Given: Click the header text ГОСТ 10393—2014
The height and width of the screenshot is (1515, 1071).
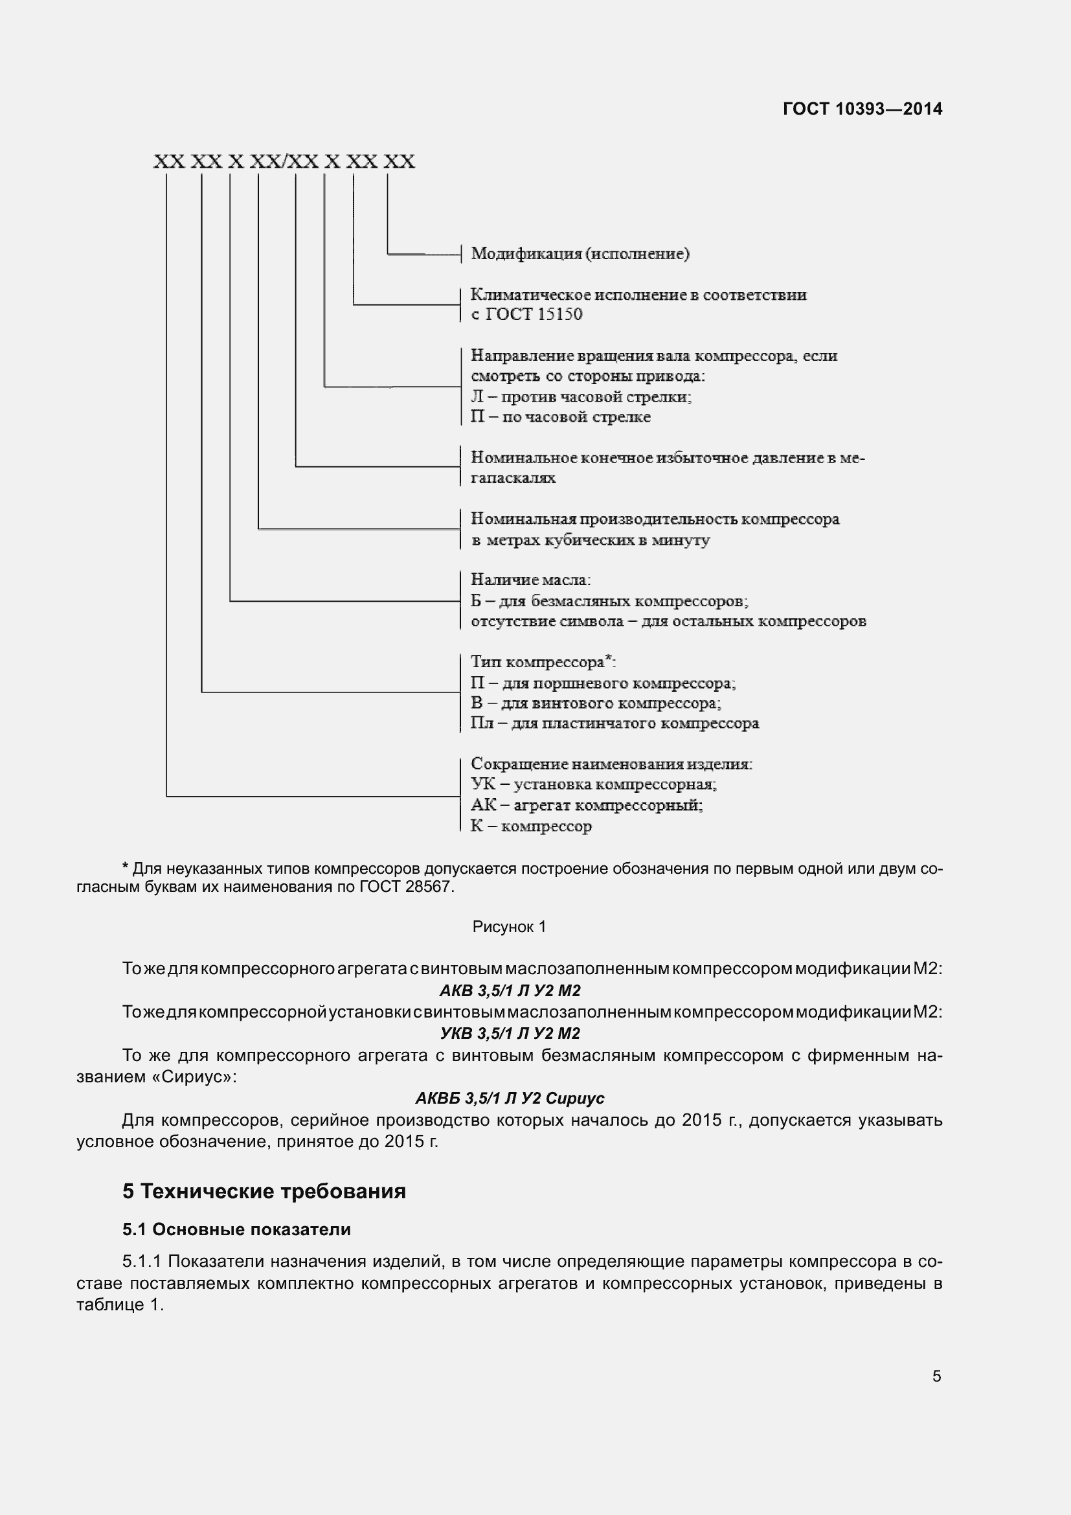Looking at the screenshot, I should [x=862, y=109].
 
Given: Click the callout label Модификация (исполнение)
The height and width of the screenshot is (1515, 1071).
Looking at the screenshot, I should [x=580, y=254].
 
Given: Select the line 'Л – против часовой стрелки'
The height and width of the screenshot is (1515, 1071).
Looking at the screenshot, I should [x=580, y=396].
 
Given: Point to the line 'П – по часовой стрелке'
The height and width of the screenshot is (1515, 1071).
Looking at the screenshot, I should [x=560, y=417].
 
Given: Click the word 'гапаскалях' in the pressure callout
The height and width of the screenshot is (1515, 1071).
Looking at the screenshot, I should [x=513, y=478].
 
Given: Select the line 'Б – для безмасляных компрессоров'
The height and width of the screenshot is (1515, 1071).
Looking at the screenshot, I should [x=609, y=601].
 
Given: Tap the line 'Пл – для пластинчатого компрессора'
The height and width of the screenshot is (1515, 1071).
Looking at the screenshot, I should [x=614, y=723].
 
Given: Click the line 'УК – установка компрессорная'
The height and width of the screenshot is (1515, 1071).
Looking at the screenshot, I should [x=594, y=784].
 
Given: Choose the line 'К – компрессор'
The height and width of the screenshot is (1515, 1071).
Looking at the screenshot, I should [x=531, y=826].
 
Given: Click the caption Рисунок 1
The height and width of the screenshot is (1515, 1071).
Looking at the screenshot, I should [x=509, y=927].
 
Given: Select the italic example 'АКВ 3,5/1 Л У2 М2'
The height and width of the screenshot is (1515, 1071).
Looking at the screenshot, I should [x=510, y=990].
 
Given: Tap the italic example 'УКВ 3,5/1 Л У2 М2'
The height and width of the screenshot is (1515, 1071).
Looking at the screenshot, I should [x=510, y=1033].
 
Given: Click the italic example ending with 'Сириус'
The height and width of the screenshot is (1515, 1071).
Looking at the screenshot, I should [x=510, y=1098].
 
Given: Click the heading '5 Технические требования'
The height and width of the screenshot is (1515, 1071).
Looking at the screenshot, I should [x=264, y=1191].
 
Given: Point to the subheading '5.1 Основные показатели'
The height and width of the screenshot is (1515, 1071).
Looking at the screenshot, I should [x=237, y=1229].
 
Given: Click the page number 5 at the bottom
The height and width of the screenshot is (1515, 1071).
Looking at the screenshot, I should [x=936, y=1376].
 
